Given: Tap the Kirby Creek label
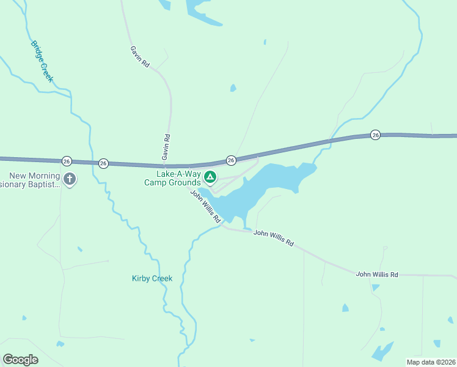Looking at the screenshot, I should [x=152, y=278].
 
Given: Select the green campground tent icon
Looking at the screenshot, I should [x=210, y=178].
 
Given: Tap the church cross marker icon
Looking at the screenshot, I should [x=70, y=179].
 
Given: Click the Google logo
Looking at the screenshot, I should [x=20, y=360].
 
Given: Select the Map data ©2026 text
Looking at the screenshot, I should [x=431, y=361].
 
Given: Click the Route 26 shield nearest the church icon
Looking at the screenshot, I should [x=67, y=161].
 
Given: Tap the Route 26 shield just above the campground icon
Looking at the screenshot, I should [x=231, y=160].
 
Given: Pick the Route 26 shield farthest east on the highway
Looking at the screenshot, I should [x=375, y=135].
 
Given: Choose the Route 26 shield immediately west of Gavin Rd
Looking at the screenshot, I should [x=103, y=163].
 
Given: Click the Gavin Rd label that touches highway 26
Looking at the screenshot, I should [x=166, y=148].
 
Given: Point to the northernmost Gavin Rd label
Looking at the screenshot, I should [x=140, y=56].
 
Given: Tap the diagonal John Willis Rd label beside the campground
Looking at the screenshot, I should [x=205, y=206].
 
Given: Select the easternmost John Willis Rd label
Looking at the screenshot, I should [x=377, y=275].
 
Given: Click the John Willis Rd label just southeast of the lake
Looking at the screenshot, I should [x=274, y=237].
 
